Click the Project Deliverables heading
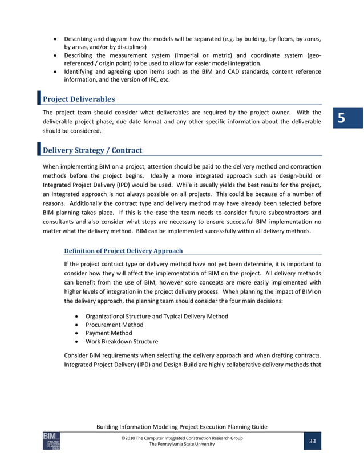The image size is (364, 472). coord(79,99)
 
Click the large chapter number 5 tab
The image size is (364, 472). coord(341,119)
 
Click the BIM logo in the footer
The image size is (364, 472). coord(51,441)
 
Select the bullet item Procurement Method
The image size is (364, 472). coord(114,325)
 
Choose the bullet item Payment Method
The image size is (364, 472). coord(108,333)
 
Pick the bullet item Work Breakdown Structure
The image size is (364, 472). coord(122,342)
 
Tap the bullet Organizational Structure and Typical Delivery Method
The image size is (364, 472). coord(157,316)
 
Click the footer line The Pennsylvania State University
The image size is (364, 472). coord(182,445)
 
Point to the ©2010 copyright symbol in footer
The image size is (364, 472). coord(123,438)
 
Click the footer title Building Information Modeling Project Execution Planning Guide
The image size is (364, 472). coord(182,427)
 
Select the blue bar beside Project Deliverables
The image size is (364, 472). coord(39,98)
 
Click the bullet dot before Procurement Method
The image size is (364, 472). coord(76,325)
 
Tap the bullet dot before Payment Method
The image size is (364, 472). coord(76,333)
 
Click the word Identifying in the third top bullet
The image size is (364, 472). coord(80,72)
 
